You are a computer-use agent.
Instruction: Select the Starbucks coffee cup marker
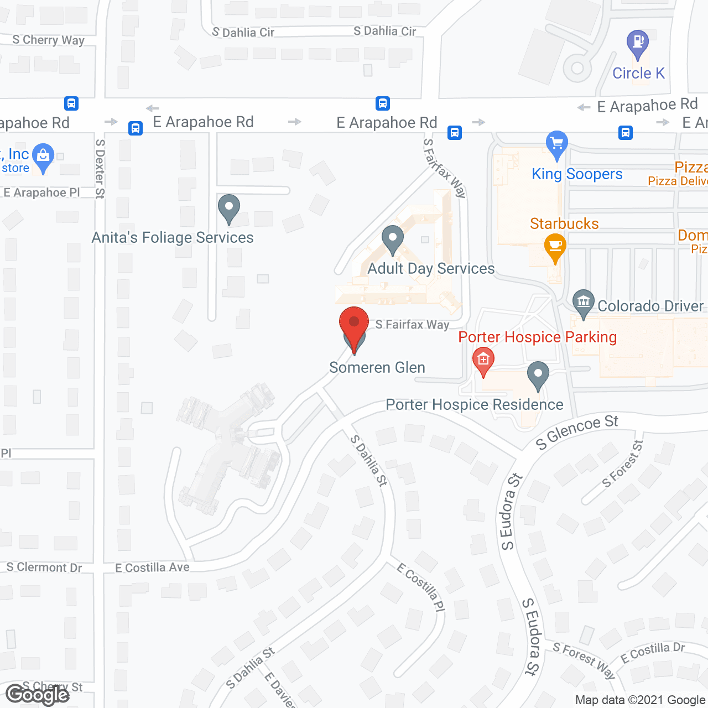click(x=555, y=247)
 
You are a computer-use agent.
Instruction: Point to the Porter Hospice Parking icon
click(x=483, y=361)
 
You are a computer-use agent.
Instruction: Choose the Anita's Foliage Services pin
click(x=228, y=209)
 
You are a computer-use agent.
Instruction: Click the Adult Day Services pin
click(x=392, y=240)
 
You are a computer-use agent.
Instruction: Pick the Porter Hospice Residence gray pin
click(x=538, y=376)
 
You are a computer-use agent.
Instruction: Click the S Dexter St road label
click(x=100, y=168)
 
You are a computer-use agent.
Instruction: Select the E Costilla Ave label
click(x=152, y=568)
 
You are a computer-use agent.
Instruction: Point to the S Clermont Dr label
click(x=44, y=568)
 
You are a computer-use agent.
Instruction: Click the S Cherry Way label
click(x=48, y=40)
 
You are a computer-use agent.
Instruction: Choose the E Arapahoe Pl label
click(x=41, y=192)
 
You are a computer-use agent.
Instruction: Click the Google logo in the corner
click(x=37, y=695)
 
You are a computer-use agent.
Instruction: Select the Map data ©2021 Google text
click(x=641, y=700)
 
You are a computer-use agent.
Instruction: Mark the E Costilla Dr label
click(x=653, y=653)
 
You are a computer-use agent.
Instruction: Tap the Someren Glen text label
click(x=377, y=367)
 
